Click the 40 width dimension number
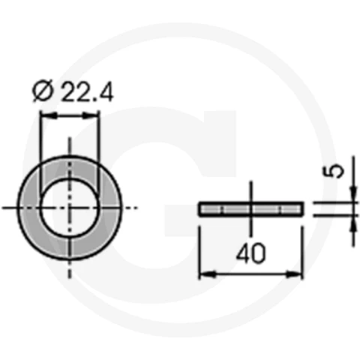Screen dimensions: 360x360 [x=250, y=253]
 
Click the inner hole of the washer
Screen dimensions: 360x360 [x=70, y=208]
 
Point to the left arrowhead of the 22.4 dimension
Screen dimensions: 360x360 [x=49, y=115]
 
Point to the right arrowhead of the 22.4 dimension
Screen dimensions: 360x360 [x=91, y=115]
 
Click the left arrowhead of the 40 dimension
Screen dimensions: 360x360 [x=208, y=274]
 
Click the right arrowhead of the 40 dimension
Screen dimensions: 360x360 [x=294, y=274]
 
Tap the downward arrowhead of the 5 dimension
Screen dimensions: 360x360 [x=353, y=194]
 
